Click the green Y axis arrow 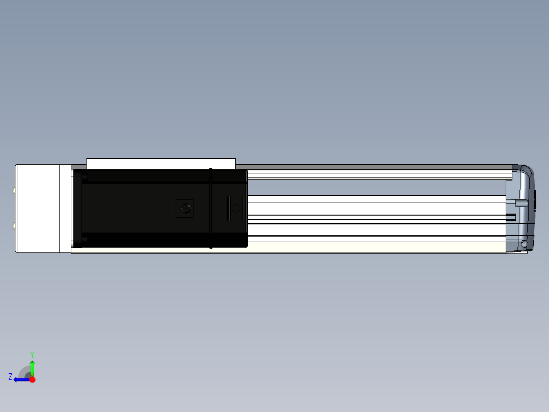tap(32, 368)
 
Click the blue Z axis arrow tap(22, 380)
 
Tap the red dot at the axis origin tap(32, 379)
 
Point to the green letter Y tap(32, 354)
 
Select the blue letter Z tap(10, 377)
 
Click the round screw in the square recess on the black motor tap(185, 209)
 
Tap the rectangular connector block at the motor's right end tap(235, 209)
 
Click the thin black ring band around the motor tap(210, 208)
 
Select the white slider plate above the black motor tap(161, 164)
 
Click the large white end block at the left tap(38, 208)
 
